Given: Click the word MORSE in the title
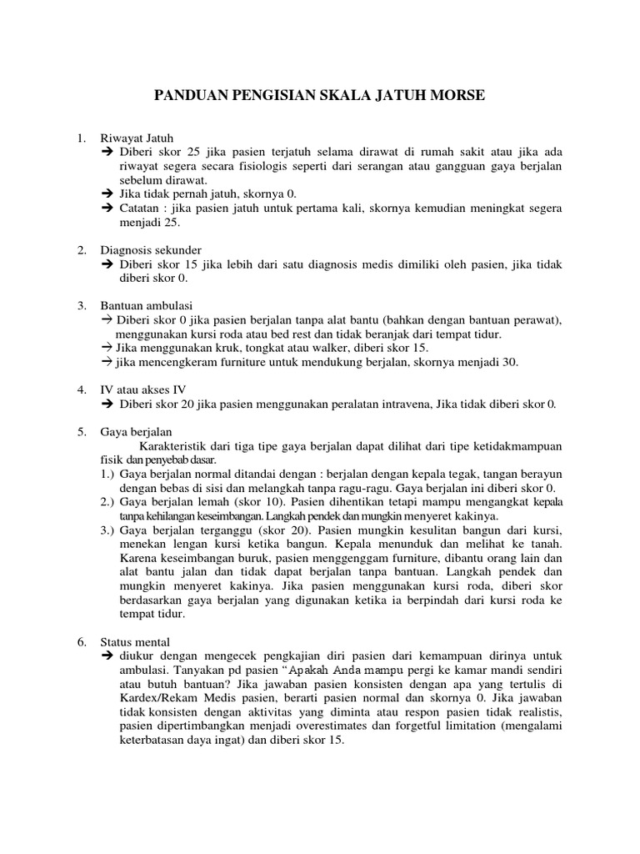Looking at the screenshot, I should [454, 98].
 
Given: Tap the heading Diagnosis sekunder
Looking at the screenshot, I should [151, 249].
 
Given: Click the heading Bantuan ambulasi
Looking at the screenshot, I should [147, 305].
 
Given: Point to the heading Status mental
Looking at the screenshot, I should [135, 641].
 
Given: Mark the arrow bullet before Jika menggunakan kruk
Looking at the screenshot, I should [106, 347].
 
